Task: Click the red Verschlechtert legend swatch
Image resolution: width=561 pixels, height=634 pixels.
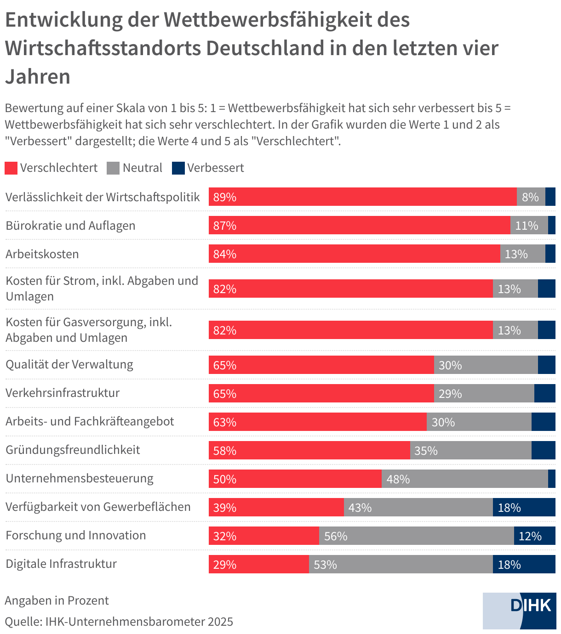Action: point(11,168)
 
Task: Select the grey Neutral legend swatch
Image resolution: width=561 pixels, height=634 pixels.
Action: point(113,168)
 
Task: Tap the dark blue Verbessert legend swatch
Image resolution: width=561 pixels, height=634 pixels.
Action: point(178,168)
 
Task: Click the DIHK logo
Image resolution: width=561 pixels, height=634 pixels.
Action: point(519,611)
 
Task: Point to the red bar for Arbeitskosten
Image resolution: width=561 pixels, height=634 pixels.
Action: point(354,254)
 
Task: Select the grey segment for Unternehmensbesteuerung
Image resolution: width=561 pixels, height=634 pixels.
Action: point(464,479)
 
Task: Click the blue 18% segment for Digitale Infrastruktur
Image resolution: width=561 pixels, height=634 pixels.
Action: point(524,564)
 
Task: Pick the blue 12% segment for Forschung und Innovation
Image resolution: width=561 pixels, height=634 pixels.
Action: point(534,536)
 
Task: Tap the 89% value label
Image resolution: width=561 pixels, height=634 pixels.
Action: point(225,197)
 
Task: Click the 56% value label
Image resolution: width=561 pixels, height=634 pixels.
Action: point(336,536)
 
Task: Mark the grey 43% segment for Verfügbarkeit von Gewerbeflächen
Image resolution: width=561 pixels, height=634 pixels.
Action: point(418,507)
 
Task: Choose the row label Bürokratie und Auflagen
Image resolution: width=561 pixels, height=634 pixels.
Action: point(70,226)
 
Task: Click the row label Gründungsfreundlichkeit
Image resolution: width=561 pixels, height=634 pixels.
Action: point(73,450)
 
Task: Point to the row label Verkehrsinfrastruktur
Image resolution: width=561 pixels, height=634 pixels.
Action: point(63,393)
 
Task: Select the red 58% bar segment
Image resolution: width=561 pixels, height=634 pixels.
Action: point(309,450)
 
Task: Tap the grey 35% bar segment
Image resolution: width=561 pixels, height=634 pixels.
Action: point(470,450)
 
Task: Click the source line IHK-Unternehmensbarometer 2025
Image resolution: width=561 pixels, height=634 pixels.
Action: point(119,622)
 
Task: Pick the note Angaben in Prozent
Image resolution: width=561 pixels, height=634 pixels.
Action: point(57,600)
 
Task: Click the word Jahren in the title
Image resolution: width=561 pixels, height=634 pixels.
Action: point(38,76)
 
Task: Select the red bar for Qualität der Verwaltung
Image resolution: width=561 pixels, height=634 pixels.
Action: point(321,365)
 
